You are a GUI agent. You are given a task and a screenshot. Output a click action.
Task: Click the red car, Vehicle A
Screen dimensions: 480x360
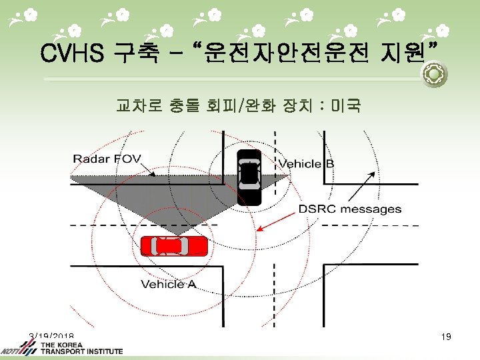click(174, 247)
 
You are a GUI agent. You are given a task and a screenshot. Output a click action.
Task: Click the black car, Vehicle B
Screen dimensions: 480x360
click(249, 177)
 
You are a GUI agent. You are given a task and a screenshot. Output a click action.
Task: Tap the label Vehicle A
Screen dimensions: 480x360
click(169, 285)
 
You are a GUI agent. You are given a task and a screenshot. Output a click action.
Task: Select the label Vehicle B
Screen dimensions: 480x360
click(306, 164)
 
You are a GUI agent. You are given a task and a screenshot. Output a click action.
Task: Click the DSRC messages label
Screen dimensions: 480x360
click(349, 209)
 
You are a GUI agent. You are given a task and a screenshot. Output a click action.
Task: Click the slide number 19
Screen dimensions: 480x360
click(446, 337)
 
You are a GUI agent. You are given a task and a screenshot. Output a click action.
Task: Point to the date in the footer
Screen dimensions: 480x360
click(51, 336)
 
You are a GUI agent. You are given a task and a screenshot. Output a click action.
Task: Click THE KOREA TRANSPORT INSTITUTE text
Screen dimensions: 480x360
click(81, 348)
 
